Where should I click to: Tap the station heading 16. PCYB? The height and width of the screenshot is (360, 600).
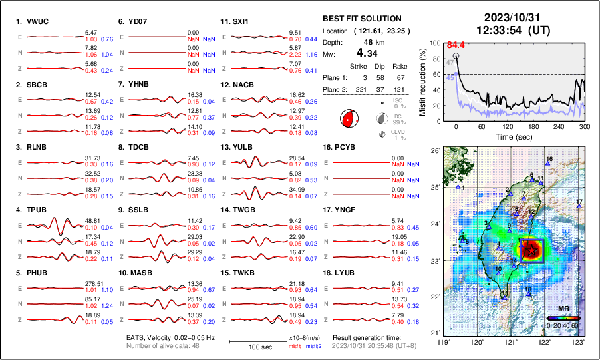[x=345, y=146]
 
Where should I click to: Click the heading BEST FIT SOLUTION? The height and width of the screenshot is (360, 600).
[x=361, y=19]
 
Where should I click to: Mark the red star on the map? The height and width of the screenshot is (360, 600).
[x=531, y=251]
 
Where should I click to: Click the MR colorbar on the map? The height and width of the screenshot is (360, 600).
[x=562, y=318]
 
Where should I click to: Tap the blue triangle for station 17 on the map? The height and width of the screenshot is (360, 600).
[x=579, y=206]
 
